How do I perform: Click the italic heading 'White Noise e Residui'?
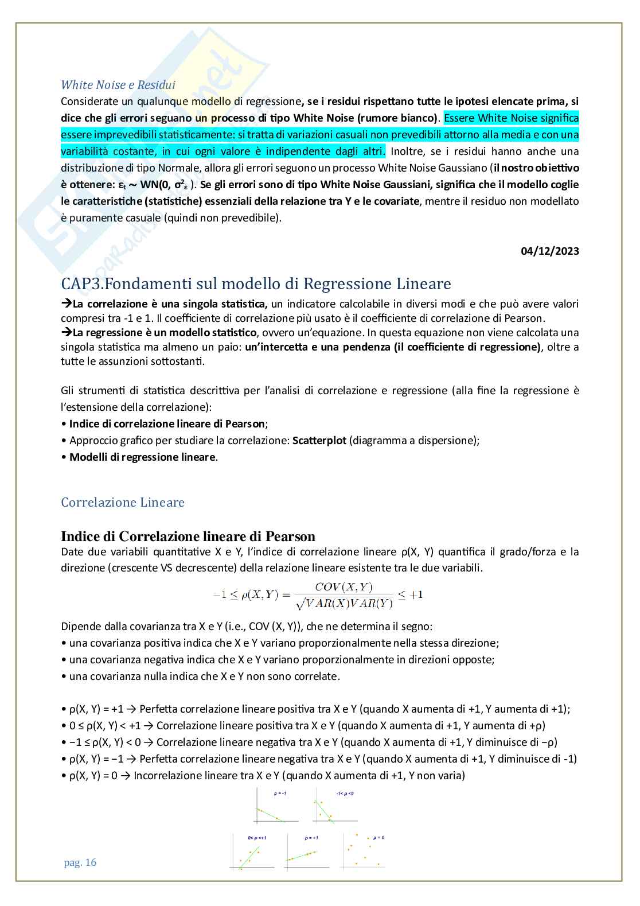point(118,85)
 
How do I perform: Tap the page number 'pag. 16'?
point(80,862)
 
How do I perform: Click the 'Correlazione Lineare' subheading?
point(123,503)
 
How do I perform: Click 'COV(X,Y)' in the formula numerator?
point(344,586)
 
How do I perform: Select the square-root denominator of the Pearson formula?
point(342,603)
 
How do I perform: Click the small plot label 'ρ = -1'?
point(280,794)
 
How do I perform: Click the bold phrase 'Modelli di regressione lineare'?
point(143,457)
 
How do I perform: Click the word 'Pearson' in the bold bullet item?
point(245,424)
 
